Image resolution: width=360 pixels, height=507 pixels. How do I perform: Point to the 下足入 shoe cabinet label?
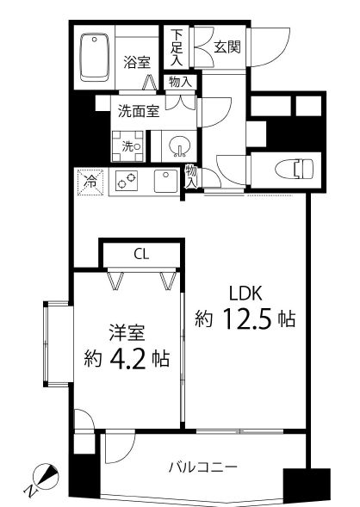pyautogui.click(x=176, y=47)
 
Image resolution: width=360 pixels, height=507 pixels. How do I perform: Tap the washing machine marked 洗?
pyautogui.click(x=128, y=146)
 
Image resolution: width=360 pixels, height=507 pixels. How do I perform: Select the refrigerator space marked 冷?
pyautogui.click(x=90, y=181)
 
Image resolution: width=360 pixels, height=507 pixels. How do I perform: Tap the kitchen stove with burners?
pyautogui.click(x=127, y=181)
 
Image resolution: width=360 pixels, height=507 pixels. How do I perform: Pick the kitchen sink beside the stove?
pyautogui.click(x=163, y=182)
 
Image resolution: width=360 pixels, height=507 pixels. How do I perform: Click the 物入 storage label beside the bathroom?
pyautogui.click(x=181, y=83)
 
